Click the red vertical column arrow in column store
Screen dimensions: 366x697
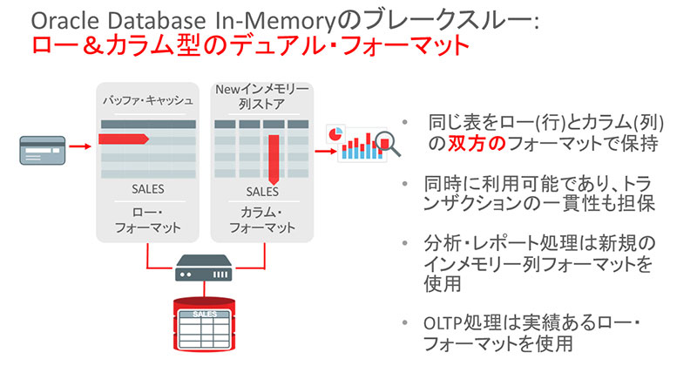[274, 154]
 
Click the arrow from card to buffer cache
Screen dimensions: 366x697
[79, 147]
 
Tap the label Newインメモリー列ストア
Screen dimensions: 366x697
[261, 97]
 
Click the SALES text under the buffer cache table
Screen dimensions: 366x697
[148, 189]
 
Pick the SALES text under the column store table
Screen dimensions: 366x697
[261, 191]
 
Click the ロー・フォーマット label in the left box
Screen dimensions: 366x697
[148, 220]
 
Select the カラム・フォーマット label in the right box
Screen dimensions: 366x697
[261, 220]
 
